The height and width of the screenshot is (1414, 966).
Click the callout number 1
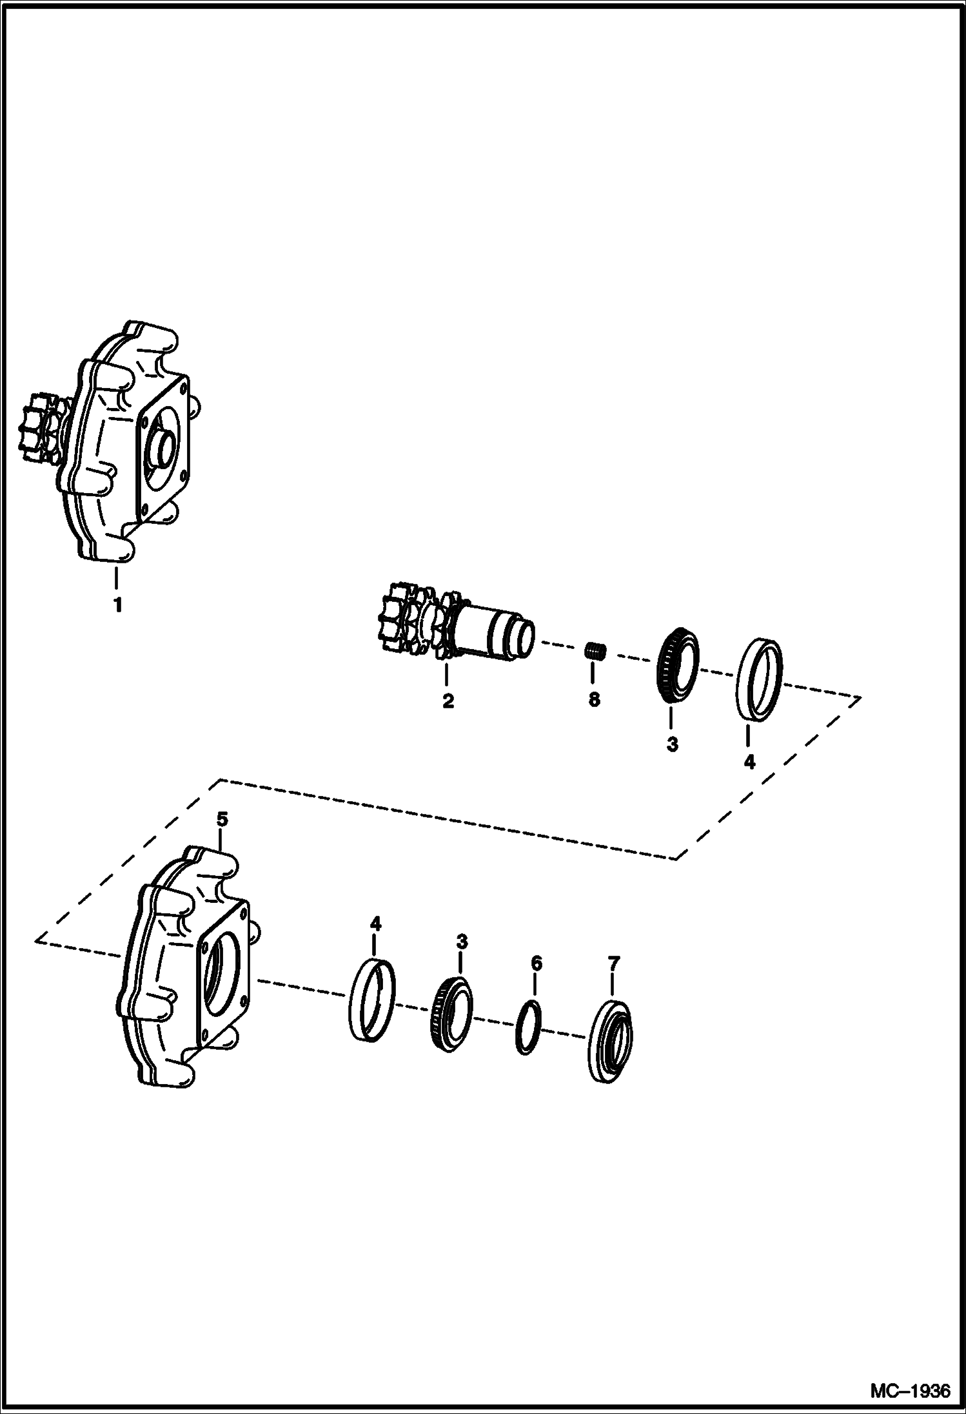tap(117, 605)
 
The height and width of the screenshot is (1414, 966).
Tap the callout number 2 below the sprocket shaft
tap(448, 701)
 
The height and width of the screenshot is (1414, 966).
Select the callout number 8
tap(594, 700)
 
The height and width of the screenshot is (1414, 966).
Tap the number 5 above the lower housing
tap(222, 819)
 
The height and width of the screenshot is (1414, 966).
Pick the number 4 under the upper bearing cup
tap(749, 762)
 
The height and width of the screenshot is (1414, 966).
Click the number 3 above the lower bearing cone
tap(462, 942)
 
